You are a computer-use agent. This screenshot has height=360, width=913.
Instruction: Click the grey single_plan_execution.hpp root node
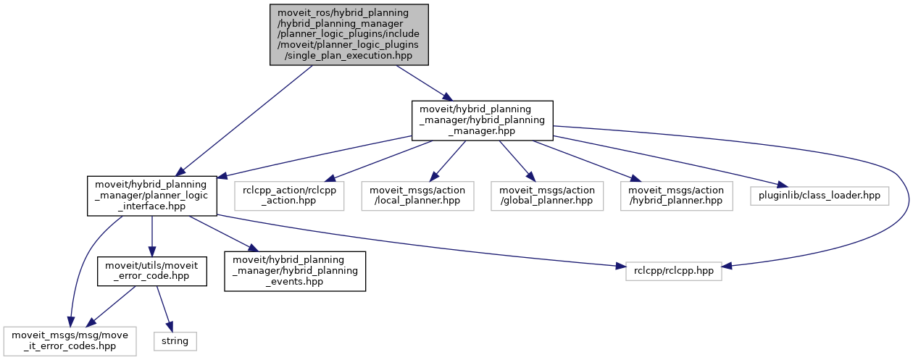point(349,34)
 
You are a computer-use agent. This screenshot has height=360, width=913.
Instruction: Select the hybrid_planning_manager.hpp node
point(483,120)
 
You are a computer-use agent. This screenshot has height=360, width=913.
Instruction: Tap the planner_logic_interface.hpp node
point(152,195)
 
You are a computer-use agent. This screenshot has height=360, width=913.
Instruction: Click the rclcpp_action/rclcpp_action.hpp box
point(289,196)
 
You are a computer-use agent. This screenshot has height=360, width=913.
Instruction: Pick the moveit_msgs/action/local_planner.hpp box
point(417,196)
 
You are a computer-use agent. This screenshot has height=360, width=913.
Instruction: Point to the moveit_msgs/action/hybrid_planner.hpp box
point(675,196)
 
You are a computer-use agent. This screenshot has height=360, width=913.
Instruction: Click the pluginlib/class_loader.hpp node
point(819,196)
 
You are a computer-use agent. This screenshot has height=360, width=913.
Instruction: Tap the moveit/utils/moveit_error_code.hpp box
point(152,271)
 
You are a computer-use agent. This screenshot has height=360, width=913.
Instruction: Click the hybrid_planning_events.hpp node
point(295,271)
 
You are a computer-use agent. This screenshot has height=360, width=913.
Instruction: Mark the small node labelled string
point(175,339)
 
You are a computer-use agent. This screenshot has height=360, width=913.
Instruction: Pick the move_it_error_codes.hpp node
point(70,339)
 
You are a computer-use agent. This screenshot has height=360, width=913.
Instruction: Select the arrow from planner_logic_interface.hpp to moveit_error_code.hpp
point(152,235)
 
